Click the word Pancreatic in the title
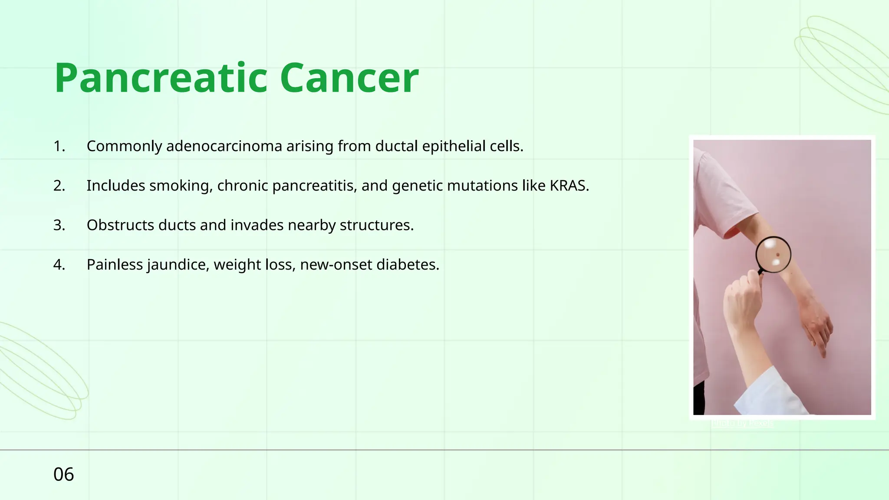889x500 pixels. [x=161, y=78]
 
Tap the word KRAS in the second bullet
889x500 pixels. [x=569, y=186]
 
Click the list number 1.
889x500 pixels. [x=59, y=146]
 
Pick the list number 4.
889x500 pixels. [x=59, y=265]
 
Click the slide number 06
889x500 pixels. [x=63, y=474]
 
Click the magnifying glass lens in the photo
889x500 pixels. [x=773, y=255]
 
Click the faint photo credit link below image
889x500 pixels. [x=742, y=423]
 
